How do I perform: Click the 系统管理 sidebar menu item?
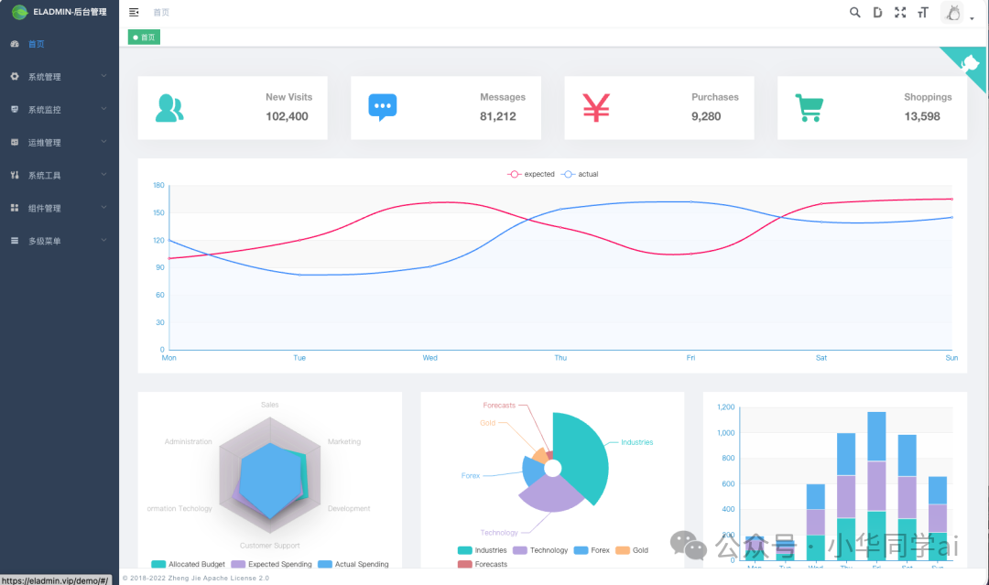tap(44, 77)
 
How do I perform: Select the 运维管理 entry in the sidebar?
tap(44, 143)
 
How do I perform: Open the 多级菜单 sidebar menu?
tap(44, 241)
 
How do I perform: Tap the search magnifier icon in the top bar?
tap(855, 13)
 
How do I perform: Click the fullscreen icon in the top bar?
tap(900, 13)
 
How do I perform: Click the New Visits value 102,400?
tap(287, 116)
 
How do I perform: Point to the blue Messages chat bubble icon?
tap(383, 107)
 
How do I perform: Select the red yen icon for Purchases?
tap(596, 108)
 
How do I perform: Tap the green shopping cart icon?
tap(809, 108)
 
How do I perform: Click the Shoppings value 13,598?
tap(922, 116)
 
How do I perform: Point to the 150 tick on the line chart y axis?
tap(158, 213)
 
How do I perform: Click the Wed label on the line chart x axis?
tap(429, 358)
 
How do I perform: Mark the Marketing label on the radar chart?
tap(344, 441)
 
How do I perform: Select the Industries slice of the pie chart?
tap(586, 453)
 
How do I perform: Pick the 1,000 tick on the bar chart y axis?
tap(725, 433)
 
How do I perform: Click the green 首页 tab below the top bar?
tap(145, 38)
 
